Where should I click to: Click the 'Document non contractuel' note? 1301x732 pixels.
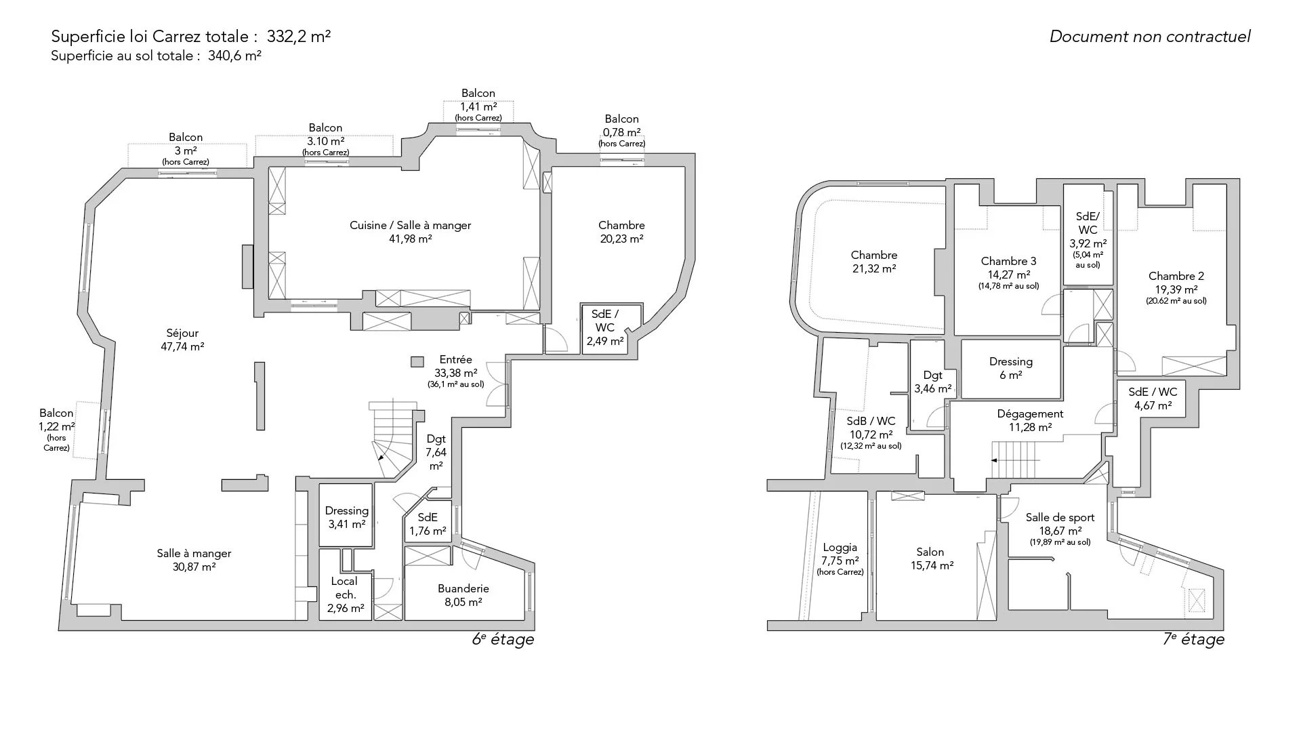[x=1150, y=37]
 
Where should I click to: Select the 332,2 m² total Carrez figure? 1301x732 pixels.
[x=299, y=36]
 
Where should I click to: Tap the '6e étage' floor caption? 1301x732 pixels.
[x=503, y=639]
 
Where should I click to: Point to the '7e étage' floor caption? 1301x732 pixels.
[x=1193, y=639]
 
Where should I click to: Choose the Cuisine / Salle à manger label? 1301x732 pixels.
[x=410, y=232]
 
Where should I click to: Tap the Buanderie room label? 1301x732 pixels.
[x=463, y=595]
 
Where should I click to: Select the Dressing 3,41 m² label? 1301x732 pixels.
[x=347, y=517]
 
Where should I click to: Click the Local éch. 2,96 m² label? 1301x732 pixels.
[x=345, y=594]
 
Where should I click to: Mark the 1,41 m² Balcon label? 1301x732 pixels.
[x=478, y=105]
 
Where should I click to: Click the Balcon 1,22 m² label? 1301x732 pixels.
[x=56, y=430]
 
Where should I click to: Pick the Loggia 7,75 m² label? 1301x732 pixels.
[x=840, y=559]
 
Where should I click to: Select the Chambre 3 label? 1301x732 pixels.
[x=1009, y=273]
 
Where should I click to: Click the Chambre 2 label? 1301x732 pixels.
[x=1176, y=288]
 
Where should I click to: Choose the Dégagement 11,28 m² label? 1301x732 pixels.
[x=1030, y=420]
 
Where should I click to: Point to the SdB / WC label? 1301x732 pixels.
[x=871, y=432]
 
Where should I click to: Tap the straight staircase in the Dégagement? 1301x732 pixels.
[x=1015, y=460]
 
